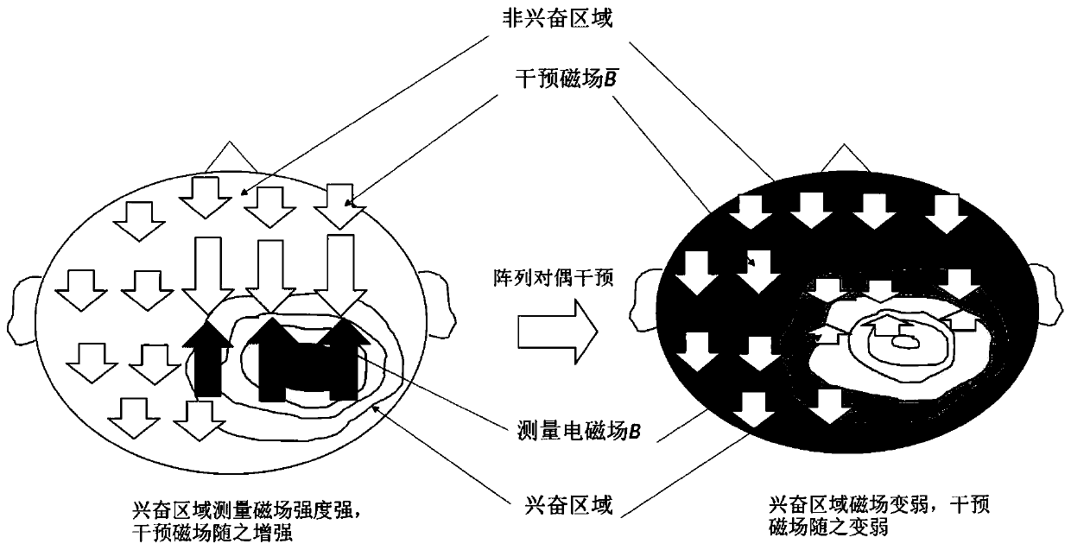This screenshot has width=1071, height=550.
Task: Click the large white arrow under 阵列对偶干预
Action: (555, 330)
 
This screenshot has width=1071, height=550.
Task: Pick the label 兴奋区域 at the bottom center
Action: (570, 505)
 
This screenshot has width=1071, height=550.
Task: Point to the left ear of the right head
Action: (647, 298)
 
